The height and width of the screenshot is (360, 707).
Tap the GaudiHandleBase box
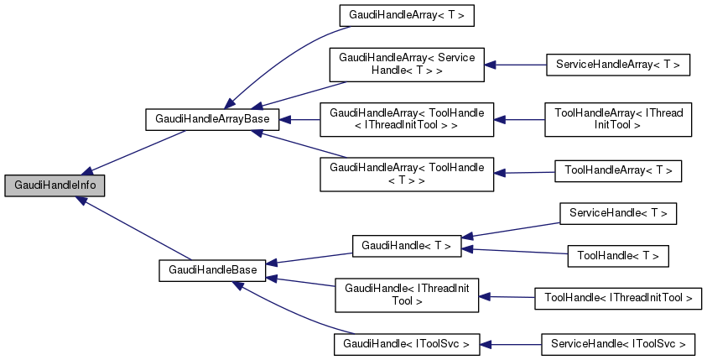pos(213,270)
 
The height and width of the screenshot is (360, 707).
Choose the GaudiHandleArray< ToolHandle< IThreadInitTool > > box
pos(407,119)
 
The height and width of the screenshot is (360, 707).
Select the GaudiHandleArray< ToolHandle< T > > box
pos(407,174)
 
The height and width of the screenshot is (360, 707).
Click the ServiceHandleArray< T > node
pos(617,65)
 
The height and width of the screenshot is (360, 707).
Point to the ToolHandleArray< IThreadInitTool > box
pos(617,119)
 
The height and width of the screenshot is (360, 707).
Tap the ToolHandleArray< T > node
pos(618,171)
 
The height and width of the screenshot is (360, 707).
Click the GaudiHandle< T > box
pos(406,246)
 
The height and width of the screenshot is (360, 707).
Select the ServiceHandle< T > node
pos(617,214)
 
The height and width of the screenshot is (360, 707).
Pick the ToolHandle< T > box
pos(618,255)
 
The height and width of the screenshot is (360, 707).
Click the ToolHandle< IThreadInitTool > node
pos(617,297)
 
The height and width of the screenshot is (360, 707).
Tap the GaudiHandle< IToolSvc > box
pos(407,344)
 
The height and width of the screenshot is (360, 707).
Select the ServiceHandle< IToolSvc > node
pos(617,344)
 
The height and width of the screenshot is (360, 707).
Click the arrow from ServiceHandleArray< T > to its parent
pos(515,65)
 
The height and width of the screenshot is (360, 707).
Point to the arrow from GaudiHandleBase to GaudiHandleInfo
pos(134,230)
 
